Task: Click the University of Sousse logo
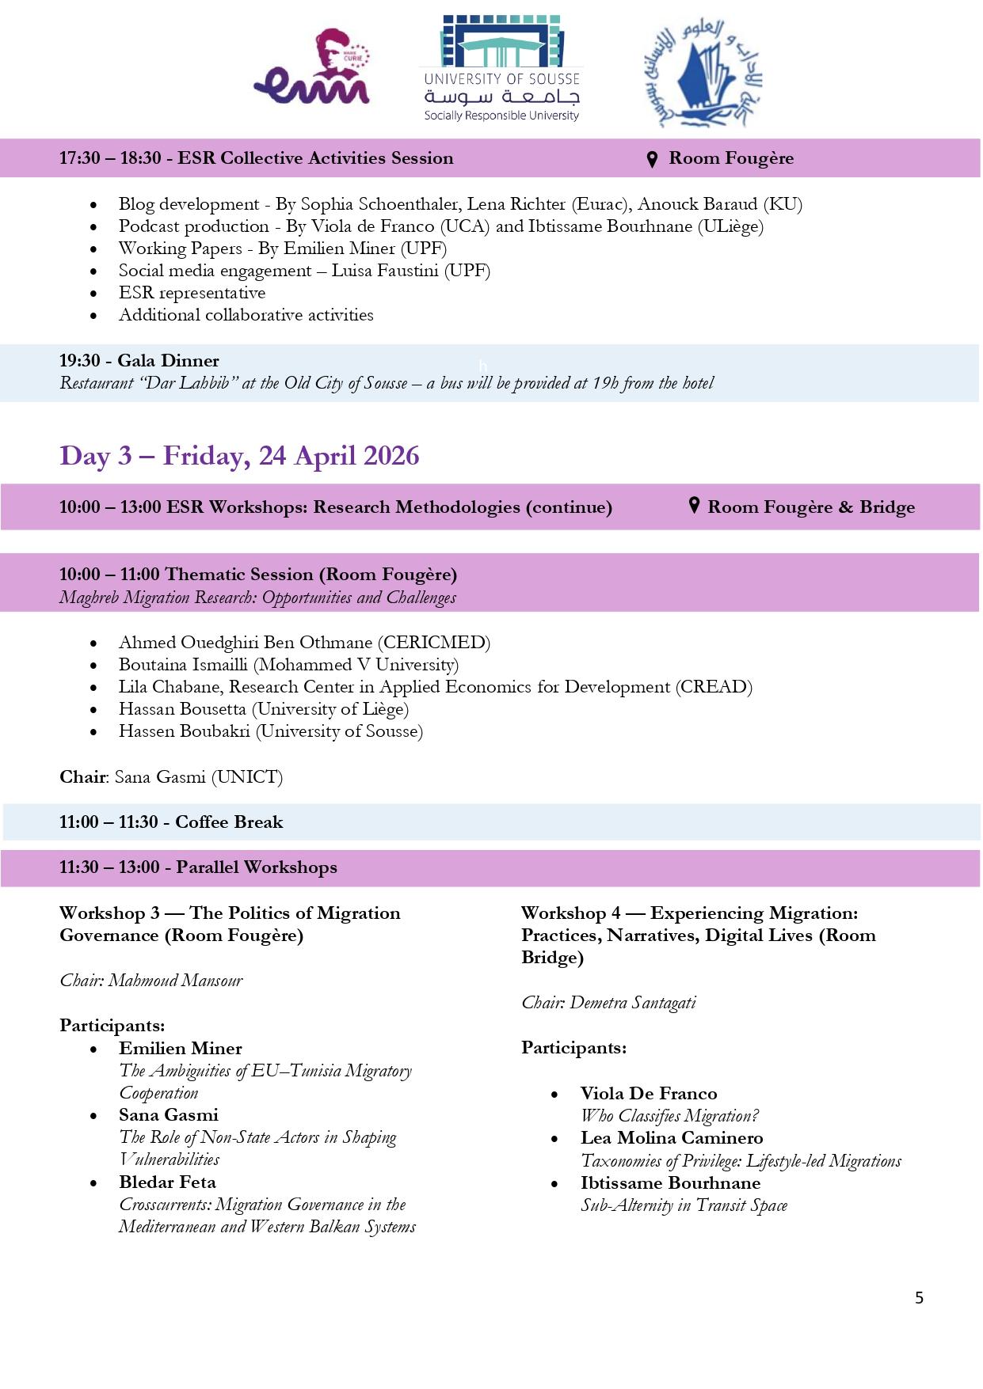pyautogui.click(x=501, y=69)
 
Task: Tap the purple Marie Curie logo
pyautogui.click(x=312, y=69)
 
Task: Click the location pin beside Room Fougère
pyautogui.click(x=652, y=159)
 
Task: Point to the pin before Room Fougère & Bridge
pyautogui.click(x=694, y=506)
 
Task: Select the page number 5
pyautogui.click(x=919, y=1297)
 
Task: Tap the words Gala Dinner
pyautogui.click(x=168, y=361)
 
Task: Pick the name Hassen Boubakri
pyautogui.click(x=184, y=731)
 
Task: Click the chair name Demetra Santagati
pyautogui.click(x=632, y=1003)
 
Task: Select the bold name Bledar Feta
pyautogui.click(x=167, y=1182)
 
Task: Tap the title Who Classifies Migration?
pyautogui.click(x=669, y=1116)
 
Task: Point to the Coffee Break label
pyautogui.click(x=229, y=822)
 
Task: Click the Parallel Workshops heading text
pyautogui.click(x=256, y=867)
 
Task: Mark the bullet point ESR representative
pyautogui.click(x=192, y=293)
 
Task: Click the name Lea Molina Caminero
pyautogui.click(x=672, y=1137)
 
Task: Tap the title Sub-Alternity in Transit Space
pyautogui.click(x=684, y=1205)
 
